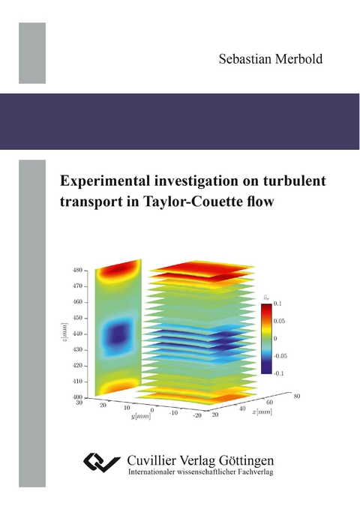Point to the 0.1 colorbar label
click(276, 303)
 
